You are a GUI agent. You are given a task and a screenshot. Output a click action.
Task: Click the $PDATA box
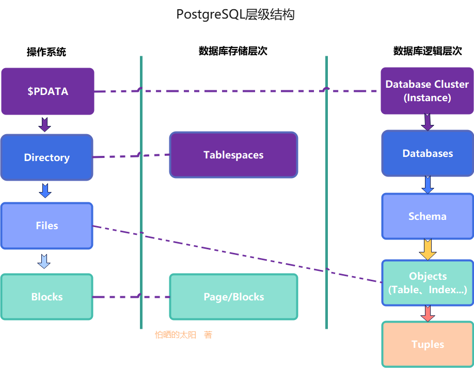(48, 91)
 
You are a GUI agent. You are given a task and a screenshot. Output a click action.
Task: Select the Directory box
(46, 157)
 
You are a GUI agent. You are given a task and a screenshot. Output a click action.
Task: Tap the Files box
(46, 226)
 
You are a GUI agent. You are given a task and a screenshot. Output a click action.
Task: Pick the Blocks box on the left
(46, 297)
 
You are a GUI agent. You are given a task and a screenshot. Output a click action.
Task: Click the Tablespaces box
(233, 155)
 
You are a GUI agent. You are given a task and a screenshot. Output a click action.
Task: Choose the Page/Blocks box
(233, 297)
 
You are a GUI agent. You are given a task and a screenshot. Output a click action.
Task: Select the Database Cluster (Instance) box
(427, 91)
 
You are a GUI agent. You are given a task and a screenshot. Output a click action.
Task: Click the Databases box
(428, 153)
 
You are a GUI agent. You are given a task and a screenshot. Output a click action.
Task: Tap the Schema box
(428, 216)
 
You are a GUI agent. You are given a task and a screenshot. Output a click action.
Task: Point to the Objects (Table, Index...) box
(428, 283)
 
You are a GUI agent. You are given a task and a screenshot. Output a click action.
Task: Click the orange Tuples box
(428, 344)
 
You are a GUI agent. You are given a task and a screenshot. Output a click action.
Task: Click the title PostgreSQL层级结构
(235, 15)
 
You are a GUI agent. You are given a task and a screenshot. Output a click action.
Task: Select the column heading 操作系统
(46, 52)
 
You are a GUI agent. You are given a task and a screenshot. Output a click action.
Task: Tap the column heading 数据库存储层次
(233, 51)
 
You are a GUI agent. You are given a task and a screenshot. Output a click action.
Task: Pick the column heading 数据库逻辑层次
(427, 51)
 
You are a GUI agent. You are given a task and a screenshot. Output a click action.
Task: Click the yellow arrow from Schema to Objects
(428, 250)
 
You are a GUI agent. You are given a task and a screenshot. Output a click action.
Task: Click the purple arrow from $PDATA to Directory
(45, 124)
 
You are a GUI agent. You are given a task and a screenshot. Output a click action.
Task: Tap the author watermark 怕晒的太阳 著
(183, 335)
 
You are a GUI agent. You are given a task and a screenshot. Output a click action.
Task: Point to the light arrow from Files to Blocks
(44, 261)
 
